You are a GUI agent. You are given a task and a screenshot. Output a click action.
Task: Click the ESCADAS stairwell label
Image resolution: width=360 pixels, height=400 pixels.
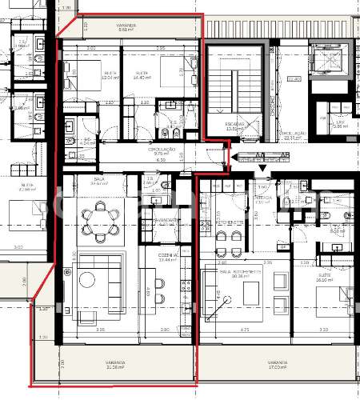pyautogui.click(x=234, y=125)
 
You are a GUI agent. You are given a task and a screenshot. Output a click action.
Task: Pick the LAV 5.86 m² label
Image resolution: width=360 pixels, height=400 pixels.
pyautogui.click(x=340, y=124)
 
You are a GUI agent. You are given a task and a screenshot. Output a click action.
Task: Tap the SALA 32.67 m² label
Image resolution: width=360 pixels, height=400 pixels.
pyautogui.click(x=98, y=182)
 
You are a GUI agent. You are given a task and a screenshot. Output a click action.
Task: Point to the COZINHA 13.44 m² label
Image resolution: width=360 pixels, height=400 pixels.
pyautogui.click(x=167, y=258)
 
